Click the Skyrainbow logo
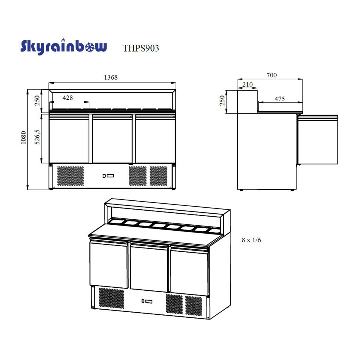tap(64, 47)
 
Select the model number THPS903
tap(141, 48)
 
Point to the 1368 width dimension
tap(111, 77)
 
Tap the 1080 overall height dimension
tap(24, 137)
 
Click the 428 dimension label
tap(68, 98)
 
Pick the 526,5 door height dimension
tap(37, 137)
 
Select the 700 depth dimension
tap(271, 75)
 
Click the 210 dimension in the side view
tap(247, 84)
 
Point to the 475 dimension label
tap(280, 99)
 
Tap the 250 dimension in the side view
tap(222, 100)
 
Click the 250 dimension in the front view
tap(37, 100)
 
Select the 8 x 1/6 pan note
tap(251, 240)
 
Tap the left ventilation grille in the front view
tap(70, 176)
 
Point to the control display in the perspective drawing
tap(147, 301)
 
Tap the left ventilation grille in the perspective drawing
tap(111, 298)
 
